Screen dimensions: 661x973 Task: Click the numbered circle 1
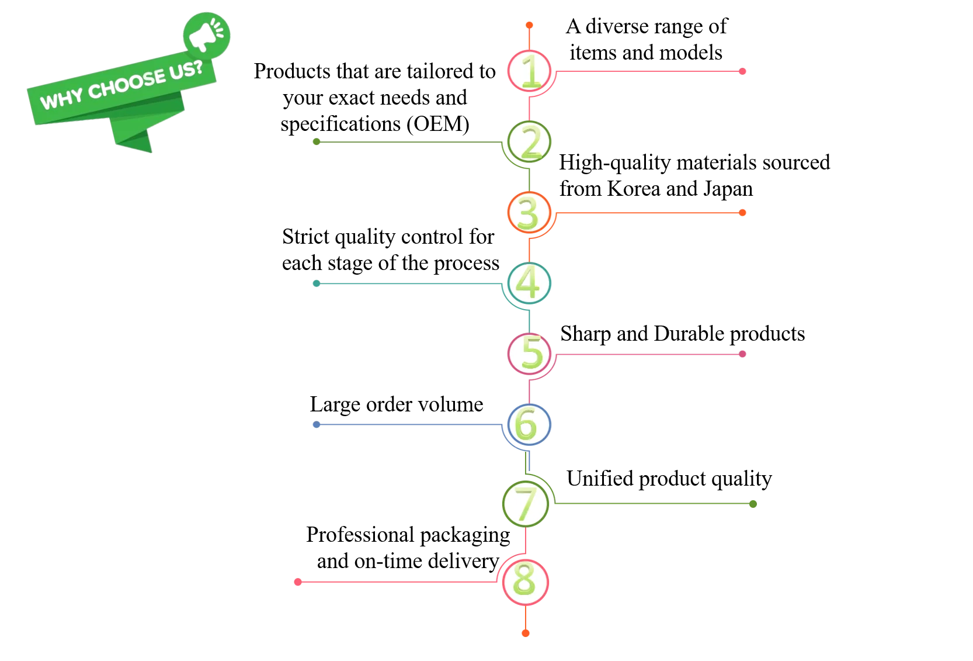[x=529, y=71]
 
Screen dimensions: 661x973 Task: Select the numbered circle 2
[x=529, y=143]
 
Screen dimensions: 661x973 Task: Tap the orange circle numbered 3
[x=529, y=213]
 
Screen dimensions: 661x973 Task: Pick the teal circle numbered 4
[x=529, y=283]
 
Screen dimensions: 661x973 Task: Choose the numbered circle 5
[x=529, y=354]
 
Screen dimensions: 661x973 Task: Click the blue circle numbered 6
[x=528, y=424]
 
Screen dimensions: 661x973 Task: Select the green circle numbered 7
[x=526, y=503]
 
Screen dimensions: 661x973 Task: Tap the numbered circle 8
[x=525, y=582]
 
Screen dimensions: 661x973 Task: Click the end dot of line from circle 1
[x=742, y=71]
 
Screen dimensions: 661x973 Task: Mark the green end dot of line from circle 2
[x=317, y=143]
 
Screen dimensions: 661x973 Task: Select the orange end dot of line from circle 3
[x=742, y=213]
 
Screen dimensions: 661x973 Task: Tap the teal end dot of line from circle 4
[x=317, y=283]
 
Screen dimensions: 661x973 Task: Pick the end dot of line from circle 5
[x=742, y=354]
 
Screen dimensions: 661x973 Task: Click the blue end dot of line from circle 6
[x=316, y=425]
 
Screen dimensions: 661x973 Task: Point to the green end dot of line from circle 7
[x=753, y=503]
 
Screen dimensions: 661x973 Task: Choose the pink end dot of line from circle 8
[x=298, y=582]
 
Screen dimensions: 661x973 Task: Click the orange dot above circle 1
[x=529, y=26]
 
